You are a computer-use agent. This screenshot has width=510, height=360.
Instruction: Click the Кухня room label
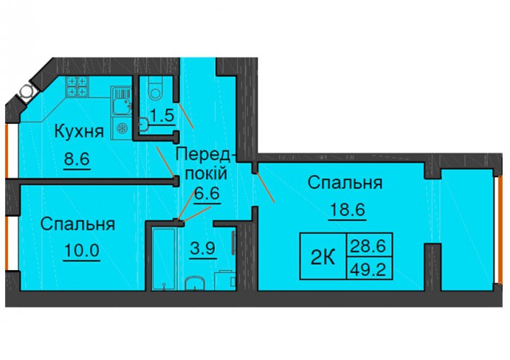(x=79, y=132)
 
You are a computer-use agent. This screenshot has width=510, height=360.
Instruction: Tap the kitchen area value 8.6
(x=77, y=159)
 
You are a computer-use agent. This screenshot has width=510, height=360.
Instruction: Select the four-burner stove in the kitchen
(x=78, y=86)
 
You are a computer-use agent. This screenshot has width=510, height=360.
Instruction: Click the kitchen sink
(x=122, y=101)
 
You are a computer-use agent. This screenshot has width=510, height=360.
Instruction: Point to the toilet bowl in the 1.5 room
(x=156, y=87)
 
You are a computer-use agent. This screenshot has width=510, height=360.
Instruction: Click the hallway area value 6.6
(x=207, y=194)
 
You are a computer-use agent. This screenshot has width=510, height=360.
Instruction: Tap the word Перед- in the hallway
(x=203, y=154)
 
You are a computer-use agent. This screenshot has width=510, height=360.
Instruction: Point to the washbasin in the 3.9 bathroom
(x=194, y=283)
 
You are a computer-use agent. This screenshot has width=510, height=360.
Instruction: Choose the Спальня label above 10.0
(x=78, y=225)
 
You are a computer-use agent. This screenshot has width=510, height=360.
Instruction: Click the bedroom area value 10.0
(x=82, y=251)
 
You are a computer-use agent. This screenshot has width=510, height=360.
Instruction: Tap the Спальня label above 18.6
(x=345, y=183)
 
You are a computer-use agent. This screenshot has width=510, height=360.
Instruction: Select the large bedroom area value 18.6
(x=348, y=210)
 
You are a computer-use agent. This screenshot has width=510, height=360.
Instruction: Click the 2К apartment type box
(x=323, y=256)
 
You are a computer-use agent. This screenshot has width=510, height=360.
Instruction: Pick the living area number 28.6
(x=370, y=245)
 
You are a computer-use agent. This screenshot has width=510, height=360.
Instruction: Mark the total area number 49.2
(x=370, y=269)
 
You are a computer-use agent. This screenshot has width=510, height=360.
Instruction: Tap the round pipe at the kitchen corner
(x=27, y=91)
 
